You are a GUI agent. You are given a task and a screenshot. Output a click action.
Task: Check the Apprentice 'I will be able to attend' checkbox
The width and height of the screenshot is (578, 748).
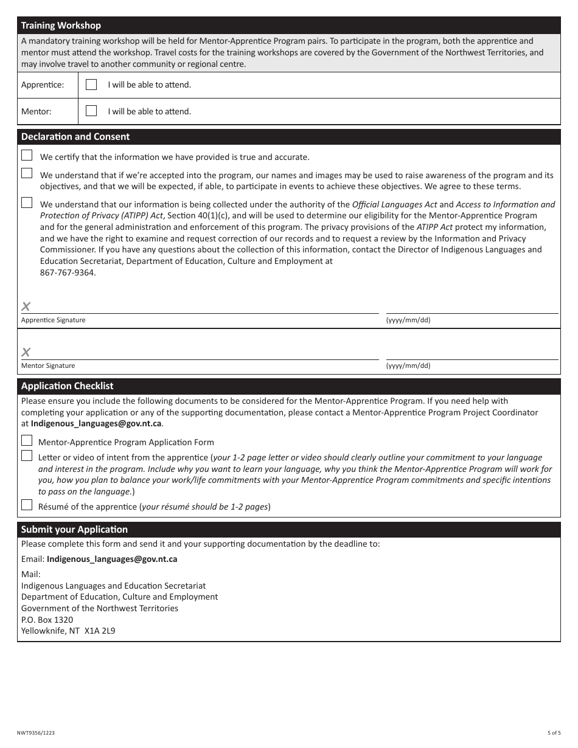91,85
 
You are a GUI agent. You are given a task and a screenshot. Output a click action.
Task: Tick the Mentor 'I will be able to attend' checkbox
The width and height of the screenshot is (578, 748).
91,111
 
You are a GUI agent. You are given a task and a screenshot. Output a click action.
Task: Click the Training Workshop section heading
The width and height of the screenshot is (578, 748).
61,26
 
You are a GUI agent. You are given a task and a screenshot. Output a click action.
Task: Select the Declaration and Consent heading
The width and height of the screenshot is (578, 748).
75,137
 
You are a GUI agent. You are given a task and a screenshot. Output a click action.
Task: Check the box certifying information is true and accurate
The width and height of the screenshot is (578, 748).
27,156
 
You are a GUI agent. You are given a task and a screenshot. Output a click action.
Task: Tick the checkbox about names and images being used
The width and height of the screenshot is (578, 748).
27,173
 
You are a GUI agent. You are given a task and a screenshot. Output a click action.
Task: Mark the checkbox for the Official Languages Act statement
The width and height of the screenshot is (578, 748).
27,203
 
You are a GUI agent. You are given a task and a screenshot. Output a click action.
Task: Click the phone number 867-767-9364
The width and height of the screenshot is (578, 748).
68,272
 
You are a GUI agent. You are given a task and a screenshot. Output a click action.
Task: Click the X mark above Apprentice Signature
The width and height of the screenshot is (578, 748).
26,306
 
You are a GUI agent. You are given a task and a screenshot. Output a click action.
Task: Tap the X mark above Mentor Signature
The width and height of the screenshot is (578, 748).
26,352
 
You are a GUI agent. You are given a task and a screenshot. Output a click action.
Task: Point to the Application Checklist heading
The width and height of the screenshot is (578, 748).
67,386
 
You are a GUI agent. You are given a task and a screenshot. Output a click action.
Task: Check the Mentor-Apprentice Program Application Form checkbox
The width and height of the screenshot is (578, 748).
27,441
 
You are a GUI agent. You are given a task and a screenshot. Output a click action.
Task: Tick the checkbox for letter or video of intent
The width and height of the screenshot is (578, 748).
27,456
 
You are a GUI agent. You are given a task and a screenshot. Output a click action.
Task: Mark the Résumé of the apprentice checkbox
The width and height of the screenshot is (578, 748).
27,505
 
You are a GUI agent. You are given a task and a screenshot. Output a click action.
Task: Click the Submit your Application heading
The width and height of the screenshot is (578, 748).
74,530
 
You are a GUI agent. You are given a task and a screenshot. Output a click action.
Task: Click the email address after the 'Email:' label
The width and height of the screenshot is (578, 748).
112,559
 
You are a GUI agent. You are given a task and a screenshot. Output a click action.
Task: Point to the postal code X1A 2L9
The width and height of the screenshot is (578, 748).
100,631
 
